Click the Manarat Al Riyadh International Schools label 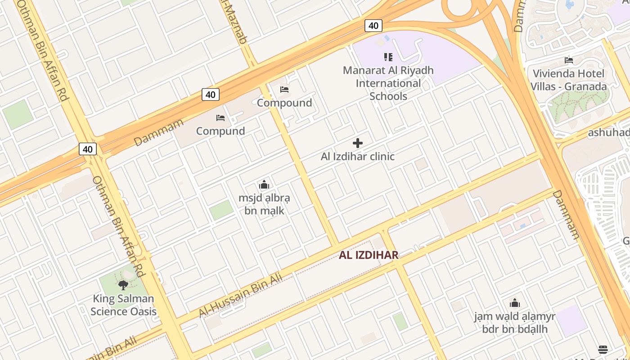[388, 83]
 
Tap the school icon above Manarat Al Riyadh [388, 57]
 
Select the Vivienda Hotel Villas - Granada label [568, 80]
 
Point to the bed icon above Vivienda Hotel [569, 60]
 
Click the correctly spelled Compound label [284, 103]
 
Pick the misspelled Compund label [220, 131]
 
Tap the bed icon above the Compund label [220, 118]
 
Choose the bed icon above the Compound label [284, 89]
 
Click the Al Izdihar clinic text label [358, 157]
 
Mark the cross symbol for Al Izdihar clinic [358, 143]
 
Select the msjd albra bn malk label [264, 204]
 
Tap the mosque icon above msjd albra [264, 184]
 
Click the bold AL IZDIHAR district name [369, 255]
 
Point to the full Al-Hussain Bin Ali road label [241, 295]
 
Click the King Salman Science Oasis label [123, 305]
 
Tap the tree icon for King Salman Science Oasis [123, 284]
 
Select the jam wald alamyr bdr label [515, 323]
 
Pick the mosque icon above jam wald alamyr [515, 303]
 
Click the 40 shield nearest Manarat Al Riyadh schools [373, 26]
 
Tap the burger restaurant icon [603, 350]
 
